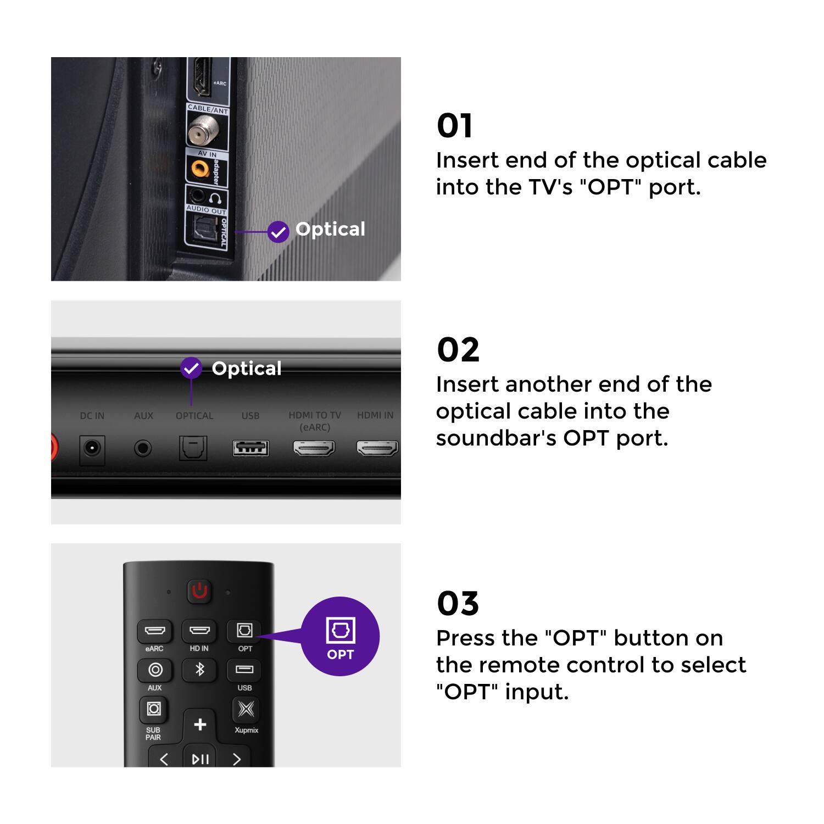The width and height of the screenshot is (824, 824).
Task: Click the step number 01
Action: [454, 126]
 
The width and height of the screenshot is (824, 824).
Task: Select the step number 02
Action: [458, 350]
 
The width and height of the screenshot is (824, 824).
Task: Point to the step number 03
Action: [458, 604]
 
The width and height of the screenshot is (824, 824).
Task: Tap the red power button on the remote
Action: [199, 591]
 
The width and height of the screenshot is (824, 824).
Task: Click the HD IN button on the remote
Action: [199, 631]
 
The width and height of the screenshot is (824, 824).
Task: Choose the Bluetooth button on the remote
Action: [199, 670]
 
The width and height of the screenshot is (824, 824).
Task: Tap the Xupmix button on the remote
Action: [246, 709]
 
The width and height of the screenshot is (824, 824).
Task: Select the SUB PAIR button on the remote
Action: [154, 709]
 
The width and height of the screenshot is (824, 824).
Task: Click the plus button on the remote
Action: [200, 725]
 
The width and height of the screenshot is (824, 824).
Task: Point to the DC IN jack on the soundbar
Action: [92, 449]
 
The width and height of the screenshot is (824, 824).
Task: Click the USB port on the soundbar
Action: [250, 448]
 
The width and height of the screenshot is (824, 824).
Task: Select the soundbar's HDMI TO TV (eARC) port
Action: [314, 449]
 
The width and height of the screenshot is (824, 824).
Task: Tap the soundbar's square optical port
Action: [193, 448]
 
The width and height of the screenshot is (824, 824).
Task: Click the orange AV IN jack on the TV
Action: [200, 169]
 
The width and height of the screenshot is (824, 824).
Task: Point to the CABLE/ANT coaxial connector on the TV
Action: [203, 132]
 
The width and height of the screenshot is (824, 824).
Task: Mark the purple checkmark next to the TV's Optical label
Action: [279, 232]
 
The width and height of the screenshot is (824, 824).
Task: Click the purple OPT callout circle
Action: [340, 636]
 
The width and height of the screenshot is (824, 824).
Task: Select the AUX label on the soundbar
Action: [143, 416]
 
